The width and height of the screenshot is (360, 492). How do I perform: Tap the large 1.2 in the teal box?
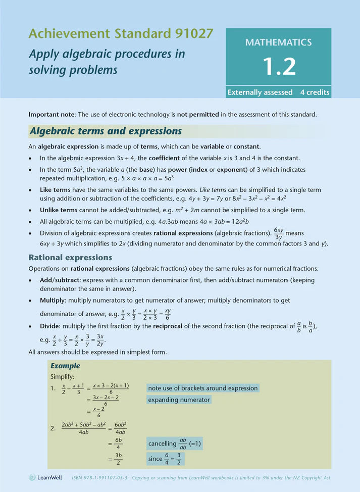point(278,66)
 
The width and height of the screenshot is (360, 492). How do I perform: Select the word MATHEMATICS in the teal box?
point(278,42)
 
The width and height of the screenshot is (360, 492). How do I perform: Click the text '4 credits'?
point(315,92)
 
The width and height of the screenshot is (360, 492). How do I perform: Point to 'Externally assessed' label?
point(260,92)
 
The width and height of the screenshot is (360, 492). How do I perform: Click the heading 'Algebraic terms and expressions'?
point(106,131)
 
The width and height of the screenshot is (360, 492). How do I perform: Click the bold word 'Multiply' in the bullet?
point(53,301)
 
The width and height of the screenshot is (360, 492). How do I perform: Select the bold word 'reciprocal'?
point(186,326)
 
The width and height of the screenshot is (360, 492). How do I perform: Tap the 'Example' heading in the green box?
point(65,366)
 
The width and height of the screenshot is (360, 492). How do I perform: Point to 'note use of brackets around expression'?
point(203,388)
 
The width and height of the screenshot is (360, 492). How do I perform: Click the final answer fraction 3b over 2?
point(118,459)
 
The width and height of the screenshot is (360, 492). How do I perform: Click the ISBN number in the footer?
point(99,477)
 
